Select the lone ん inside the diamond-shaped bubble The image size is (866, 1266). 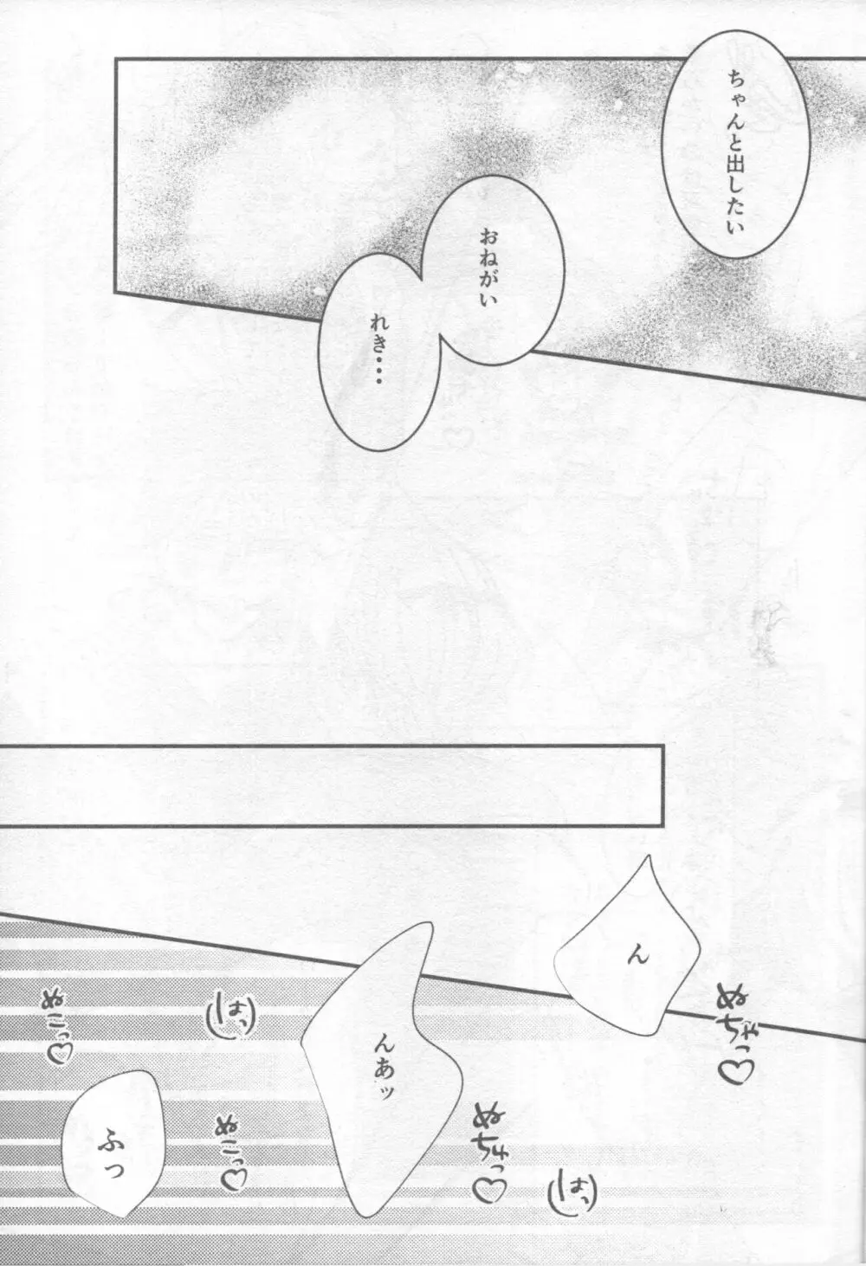tap(637, 953)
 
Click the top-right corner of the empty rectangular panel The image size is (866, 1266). tap(664, 746)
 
